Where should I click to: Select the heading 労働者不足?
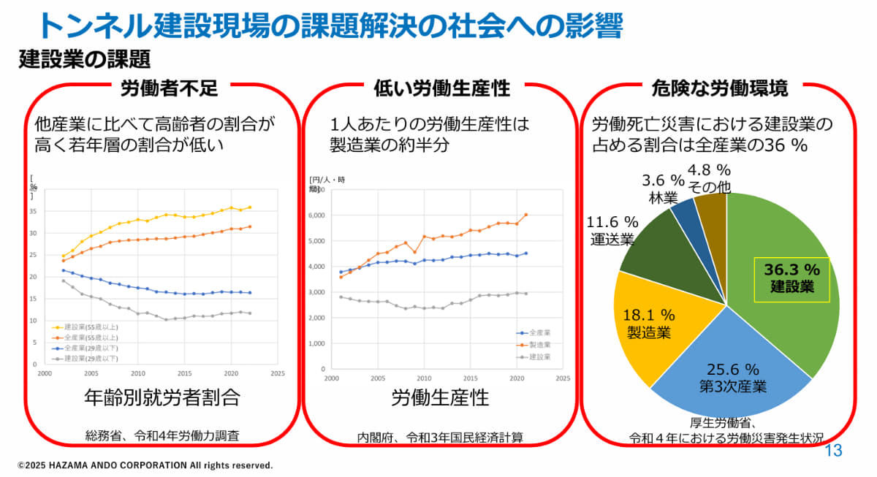coord(169,89)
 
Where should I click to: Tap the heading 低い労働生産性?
coord(441,89)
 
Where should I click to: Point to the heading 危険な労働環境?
coord(719,89)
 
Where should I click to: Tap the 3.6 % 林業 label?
coord(663,188)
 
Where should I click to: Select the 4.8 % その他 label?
coord(709,178)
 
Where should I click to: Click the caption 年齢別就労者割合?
coord(162,398)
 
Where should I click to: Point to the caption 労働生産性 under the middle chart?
coord(440,398)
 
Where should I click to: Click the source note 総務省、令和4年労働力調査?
coord(162,437)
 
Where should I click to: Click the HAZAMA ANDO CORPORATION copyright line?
coord(145,465)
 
